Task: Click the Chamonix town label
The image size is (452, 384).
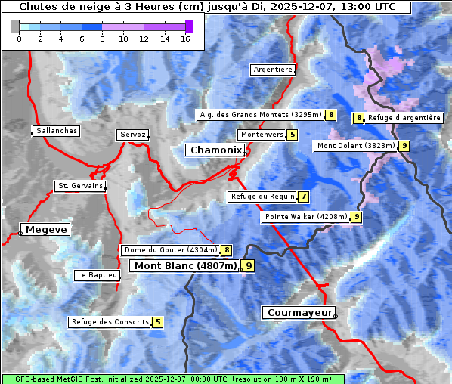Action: [215, 150]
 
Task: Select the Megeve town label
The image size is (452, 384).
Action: [45, 229]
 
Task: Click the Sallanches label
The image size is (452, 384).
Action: [57, 131]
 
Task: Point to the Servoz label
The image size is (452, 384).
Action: [132, 135]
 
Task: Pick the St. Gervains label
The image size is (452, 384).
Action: [80, 186]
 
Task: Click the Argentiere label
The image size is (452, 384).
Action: [273, 70]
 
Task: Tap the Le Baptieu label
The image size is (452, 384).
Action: [97, 275]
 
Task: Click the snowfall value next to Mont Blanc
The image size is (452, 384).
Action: [249, 266]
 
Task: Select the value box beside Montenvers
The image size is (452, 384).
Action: [293, 135]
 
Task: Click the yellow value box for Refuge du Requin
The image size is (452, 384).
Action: [303, 197]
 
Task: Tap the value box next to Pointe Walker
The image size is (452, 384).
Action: [356, 217]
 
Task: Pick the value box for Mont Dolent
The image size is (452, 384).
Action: [404, 146]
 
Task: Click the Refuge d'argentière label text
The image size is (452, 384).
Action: [404, 118]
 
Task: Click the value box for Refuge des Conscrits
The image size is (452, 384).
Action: [157, 322]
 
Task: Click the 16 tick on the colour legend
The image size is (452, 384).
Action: [185, 39]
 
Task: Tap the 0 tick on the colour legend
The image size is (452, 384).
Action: [19, 39]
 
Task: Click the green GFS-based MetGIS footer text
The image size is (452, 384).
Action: [172, 379]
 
